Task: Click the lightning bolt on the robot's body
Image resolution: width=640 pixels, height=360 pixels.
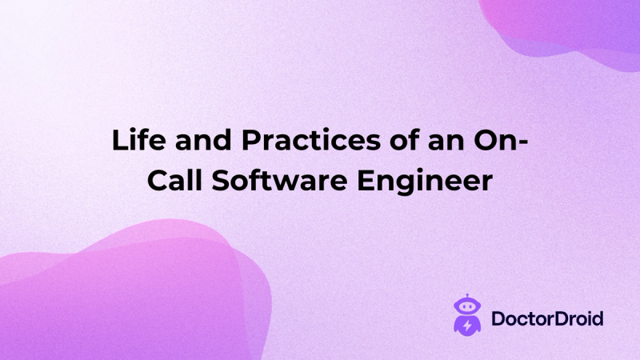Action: pos(465,326)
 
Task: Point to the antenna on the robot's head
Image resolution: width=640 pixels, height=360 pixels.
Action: pos(465,298)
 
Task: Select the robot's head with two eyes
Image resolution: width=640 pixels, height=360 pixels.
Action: pos(465,307)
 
